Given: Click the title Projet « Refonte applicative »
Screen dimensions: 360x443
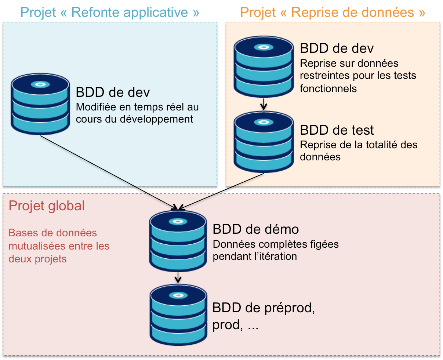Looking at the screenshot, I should [x=110, y=12].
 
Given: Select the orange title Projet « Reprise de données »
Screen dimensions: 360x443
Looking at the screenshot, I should [x=333, y=12].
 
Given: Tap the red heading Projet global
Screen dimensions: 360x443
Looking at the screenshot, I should [x=47, y=206].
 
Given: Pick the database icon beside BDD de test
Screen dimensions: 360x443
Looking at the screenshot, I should [x=264, y=143].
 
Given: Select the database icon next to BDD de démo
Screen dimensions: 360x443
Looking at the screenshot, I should [x=178, y=241].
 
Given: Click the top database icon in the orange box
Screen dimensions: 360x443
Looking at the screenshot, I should [x=264, y=66].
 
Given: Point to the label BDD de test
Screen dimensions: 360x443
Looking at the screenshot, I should [x=337, y=130].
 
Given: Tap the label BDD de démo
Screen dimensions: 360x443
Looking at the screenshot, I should [x=255, y=229].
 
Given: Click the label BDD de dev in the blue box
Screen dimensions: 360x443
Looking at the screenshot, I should [x=113, y=92].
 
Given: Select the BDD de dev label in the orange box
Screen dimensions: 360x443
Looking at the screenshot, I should [x=337, y=48].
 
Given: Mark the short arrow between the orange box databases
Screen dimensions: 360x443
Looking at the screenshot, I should [x=264, y=105].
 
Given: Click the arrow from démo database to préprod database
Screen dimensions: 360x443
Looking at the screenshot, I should [x=178, y=277].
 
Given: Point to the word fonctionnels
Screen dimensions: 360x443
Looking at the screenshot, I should [x=328, y=88].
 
